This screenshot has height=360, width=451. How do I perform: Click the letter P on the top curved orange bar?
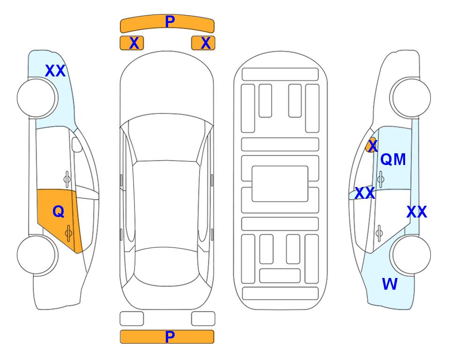(170, 22)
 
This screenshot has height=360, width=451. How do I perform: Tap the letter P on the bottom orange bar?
(170, 337)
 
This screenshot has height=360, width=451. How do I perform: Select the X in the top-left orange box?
(134, 43)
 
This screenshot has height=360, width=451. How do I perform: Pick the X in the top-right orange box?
(206, 43)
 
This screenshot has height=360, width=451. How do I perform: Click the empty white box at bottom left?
(132, 319)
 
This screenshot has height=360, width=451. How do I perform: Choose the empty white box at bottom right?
(203, 319)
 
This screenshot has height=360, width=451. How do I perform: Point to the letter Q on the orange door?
(59, 212)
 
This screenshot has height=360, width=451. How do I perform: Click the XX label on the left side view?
(55, 71)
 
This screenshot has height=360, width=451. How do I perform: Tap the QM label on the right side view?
(393, 159)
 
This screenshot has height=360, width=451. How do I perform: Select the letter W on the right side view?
(390, 284)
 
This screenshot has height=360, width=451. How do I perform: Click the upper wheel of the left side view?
(37, 98)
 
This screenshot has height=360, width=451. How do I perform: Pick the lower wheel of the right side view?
(410, 255)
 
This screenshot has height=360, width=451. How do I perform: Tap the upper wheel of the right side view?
(410, 98)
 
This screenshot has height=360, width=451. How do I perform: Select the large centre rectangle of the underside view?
(280, 184)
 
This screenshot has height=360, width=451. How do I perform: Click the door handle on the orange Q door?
(68, 233)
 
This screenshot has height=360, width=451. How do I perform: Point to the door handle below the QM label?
(380, 179)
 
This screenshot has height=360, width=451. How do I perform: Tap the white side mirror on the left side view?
(77, 144)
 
